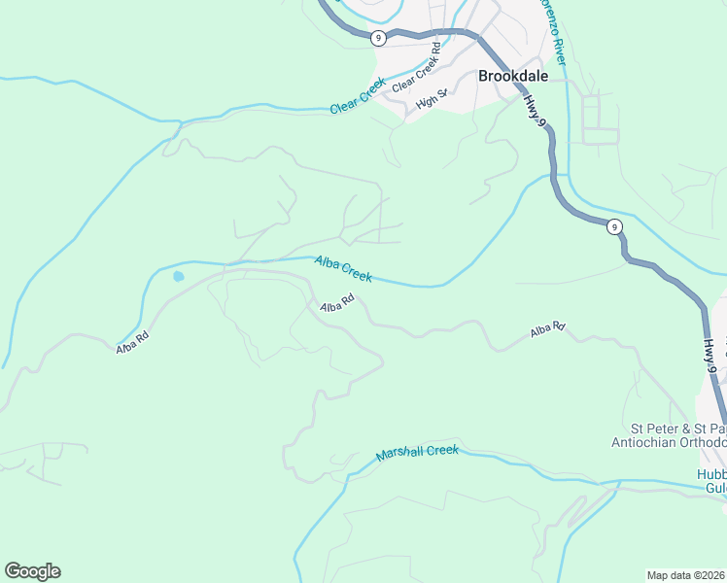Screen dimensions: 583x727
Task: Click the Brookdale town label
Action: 512,76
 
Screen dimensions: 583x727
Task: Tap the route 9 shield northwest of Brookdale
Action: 378,37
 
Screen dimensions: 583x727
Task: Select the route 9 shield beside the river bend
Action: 613,226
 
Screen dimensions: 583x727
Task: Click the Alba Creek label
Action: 342,269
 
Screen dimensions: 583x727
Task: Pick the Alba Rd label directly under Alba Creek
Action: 336,306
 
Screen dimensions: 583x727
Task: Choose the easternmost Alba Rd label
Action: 548,330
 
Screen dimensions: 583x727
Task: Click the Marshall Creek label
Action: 416,453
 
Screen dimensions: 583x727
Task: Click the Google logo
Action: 32,571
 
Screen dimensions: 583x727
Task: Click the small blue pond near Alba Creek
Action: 178,277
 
